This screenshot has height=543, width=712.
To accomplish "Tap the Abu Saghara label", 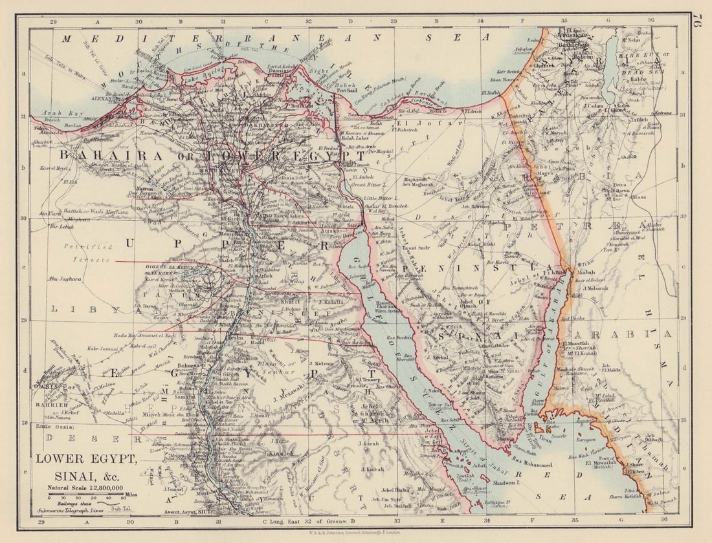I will pos(64,279).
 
